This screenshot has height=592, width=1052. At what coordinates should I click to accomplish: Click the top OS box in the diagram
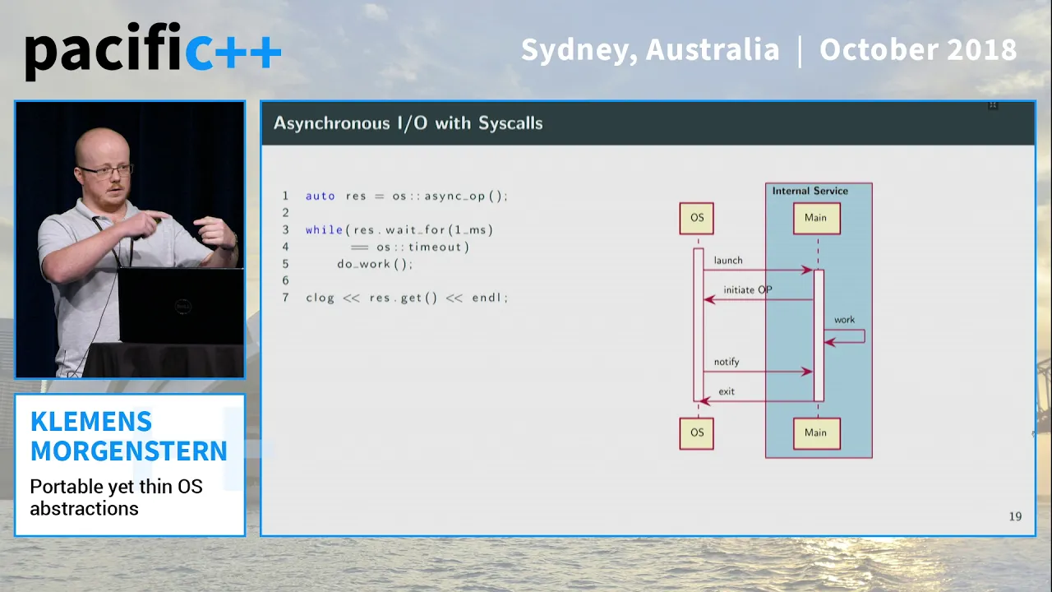(x=696, y=218)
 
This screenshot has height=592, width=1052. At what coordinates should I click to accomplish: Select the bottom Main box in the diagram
(x=817, y=433)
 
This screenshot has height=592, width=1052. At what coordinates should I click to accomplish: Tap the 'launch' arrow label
(x=728, y=261)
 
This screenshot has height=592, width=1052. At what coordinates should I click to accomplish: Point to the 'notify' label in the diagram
(x=727, y=362)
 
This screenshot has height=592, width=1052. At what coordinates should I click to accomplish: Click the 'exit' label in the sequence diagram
(x=727, y=391)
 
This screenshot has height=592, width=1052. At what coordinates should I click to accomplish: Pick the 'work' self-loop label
(x=844, y=320)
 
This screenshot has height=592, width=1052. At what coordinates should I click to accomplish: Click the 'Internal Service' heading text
(x=810, y=191)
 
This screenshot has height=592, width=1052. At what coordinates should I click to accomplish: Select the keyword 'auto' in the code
(x=321, y=196)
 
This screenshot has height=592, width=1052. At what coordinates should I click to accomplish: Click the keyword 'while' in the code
(x=324, y=229)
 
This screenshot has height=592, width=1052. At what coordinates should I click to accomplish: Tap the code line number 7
(x=285, y=298)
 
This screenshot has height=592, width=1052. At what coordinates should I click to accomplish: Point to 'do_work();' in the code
(x=375, y=264)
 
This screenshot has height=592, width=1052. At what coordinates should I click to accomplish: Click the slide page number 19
(x=1015, y=516)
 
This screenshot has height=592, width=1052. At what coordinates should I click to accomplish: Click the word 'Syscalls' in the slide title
(x=510, y=123)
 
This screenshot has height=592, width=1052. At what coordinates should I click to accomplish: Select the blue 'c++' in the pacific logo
(x=233, y=52)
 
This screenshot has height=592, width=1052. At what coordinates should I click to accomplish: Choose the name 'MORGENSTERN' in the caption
(x=129, y=451)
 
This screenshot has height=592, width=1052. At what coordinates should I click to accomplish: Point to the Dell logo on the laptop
(x=182, y=307)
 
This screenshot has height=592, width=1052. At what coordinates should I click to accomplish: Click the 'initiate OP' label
(x=748, y=290)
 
